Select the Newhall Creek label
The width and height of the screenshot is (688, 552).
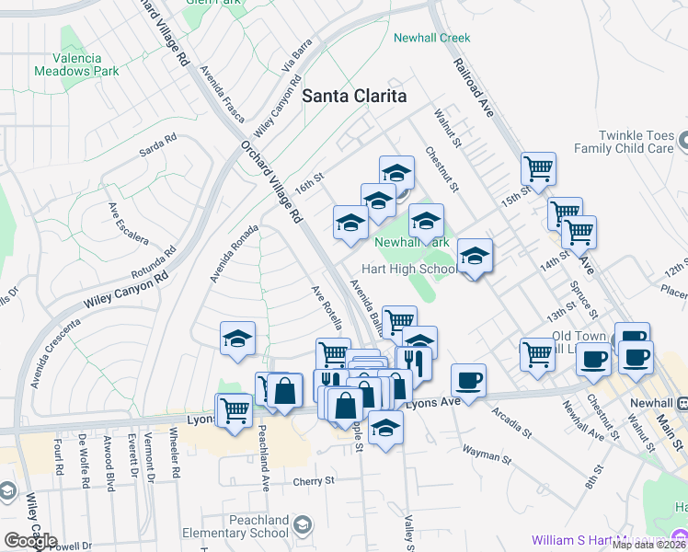coord(431,38)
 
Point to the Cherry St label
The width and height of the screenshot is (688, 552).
coord(313,480)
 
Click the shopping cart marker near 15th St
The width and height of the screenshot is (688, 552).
coord(538,169)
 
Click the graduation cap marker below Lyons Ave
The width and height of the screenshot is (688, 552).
coord(386,427)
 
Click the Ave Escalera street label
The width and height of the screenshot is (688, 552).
coord(128,224)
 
